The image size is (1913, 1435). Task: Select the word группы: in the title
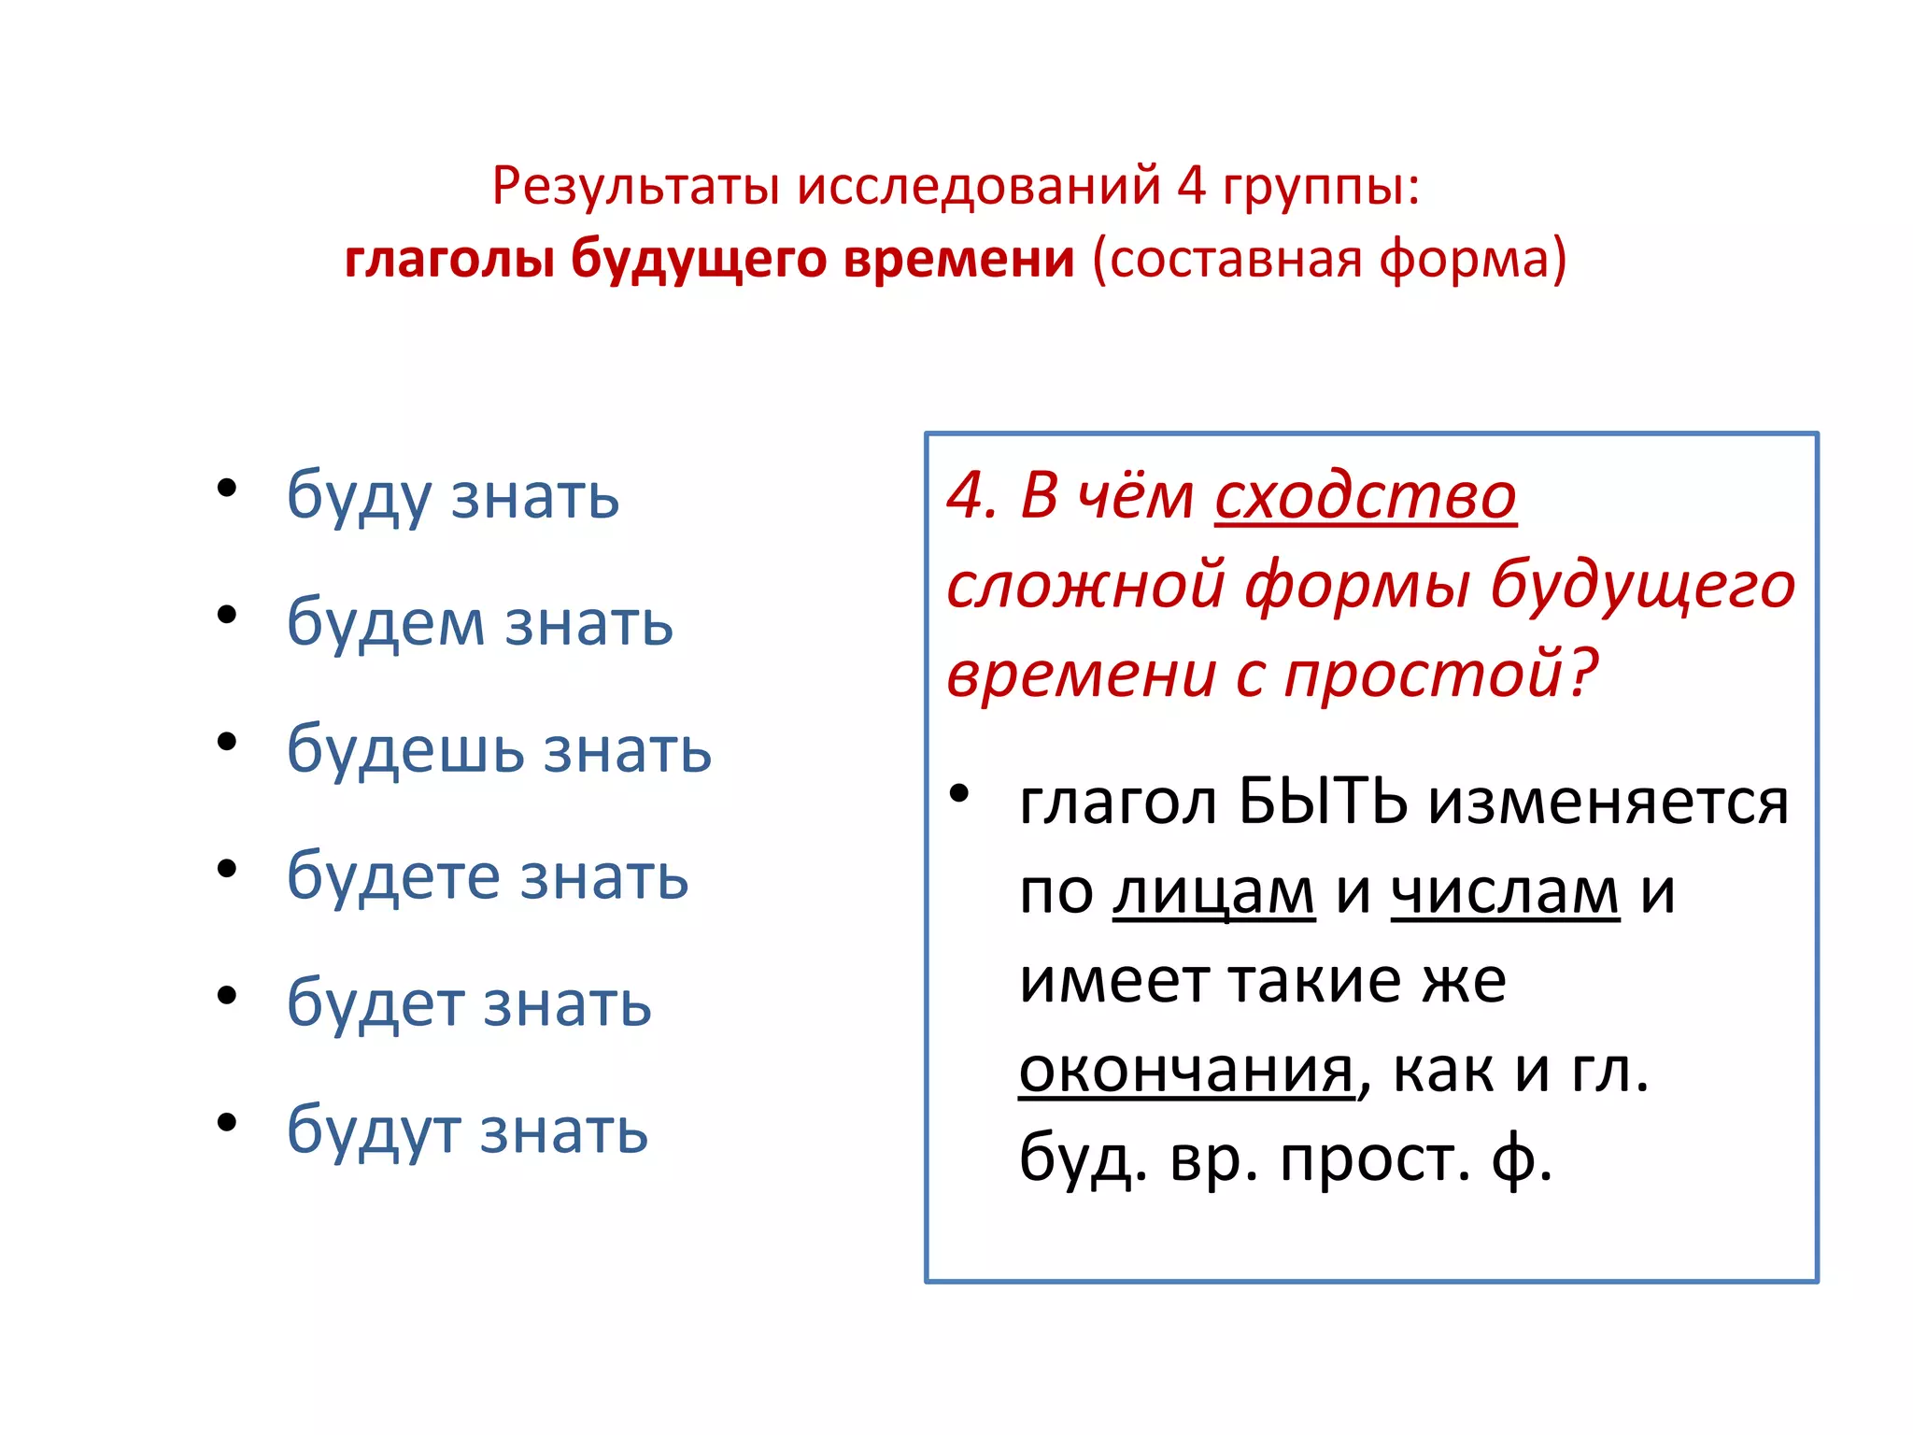[x=1321, y=187]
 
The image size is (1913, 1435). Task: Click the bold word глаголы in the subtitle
[x=449, y=259]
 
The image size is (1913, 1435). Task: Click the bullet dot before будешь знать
[x=227, y=742]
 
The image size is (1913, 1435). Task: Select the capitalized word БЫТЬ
[x=1323, y=802]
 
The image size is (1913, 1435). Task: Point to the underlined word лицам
[x=1213, y=892]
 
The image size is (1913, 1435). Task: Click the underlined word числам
[x=1505, y=892]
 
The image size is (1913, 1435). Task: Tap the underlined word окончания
[x=1185, y=1071]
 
